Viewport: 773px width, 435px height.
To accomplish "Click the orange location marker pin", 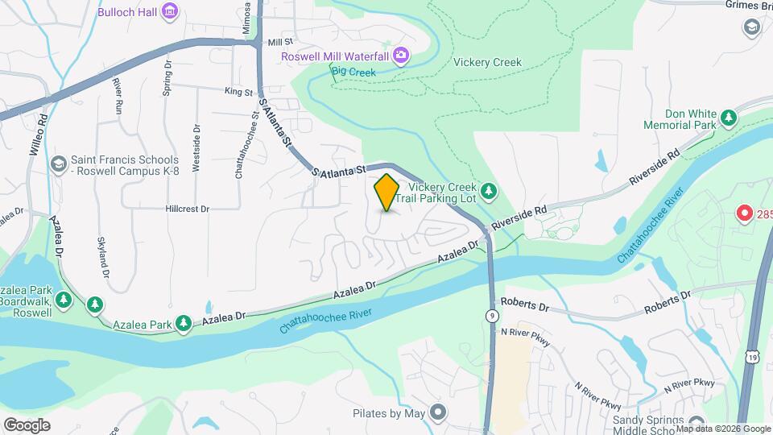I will click(386, 193).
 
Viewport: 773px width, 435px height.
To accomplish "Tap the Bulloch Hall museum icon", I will click(170, 11).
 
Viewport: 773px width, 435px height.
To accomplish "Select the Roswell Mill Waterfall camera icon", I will click(401, 56).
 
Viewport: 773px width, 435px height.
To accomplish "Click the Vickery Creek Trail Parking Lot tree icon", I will click(489, 192).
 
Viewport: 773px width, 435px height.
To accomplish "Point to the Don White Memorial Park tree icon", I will click(729, 119).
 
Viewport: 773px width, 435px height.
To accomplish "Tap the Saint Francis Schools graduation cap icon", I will click(58, 164).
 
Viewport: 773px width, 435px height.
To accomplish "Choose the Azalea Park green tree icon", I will click(184, 323).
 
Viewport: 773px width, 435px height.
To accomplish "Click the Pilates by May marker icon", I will click(438, 413).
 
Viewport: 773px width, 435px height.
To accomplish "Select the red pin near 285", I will click(745, 214).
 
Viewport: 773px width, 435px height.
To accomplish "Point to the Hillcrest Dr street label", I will click(187, 208).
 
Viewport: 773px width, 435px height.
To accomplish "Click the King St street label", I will click(239, 93).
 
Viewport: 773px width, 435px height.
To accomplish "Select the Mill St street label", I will click(280, 41).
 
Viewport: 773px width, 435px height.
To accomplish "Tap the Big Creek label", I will click(354, 72).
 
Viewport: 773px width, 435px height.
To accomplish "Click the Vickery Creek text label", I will click(487, 62).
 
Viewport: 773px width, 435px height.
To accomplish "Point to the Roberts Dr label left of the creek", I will click(523, 306).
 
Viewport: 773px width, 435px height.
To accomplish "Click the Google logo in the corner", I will click(27, 425).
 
